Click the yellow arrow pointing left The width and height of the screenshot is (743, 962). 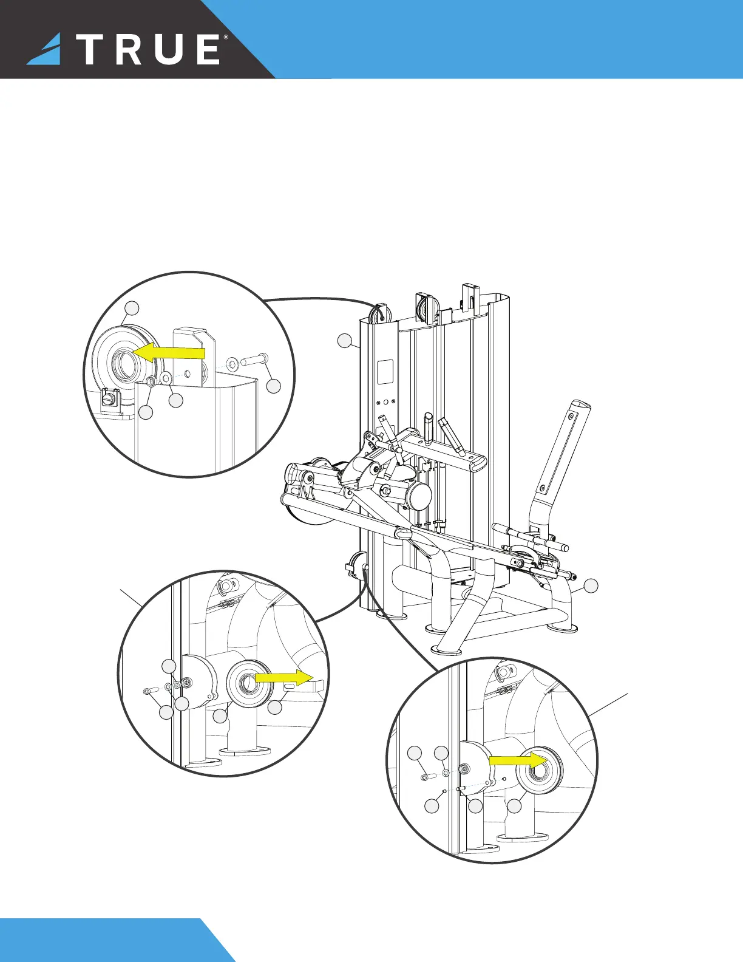point(169,353)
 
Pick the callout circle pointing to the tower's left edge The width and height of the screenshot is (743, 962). point(345,341)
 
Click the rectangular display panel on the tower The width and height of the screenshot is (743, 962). point(385,371)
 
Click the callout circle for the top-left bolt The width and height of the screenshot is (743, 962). point(274,386)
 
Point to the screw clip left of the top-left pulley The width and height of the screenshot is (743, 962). point(110,398)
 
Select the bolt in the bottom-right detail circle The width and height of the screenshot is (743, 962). point(426,776)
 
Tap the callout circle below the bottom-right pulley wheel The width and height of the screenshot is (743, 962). point(514,806)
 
